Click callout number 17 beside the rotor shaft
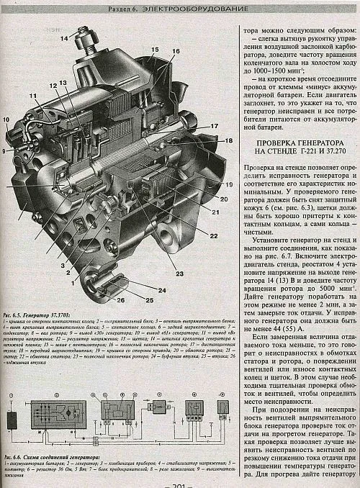pos(214,126)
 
